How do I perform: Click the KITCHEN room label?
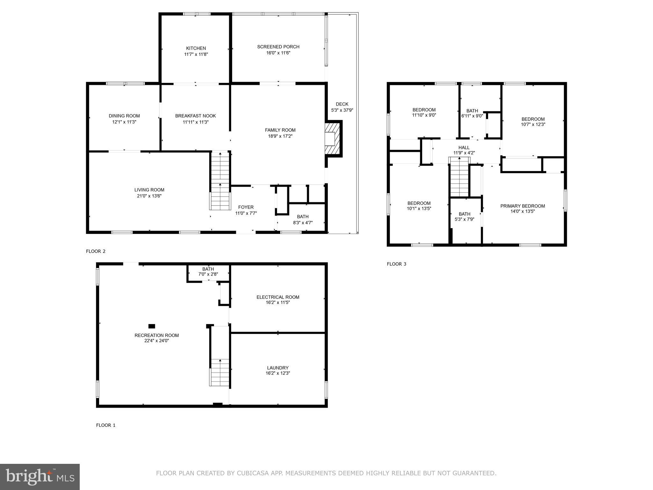tap(196, 48)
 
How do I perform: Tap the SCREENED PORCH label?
tap(278, 47)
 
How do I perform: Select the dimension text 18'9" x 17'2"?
tap(280, 136)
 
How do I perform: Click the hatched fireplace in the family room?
tap(333, 139)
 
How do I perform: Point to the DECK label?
tap(342, 104)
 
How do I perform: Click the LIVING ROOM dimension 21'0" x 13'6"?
tap(149, 196)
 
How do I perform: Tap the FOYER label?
tap(246, 207)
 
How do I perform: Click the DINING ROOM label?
tap(124, 116)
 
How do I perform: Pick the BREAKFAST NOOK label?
tap(195, 116)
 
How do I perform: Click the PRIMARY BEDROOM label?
tap(522, 206)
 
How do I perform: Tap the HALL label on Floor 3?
tap(464, 147)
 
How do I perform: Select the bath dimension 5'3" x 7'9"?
tap(464, 219)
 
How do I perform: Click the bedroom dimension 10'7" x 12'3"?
tap(533, 125)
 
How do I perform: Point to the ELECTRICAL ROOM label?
tap(278, 297)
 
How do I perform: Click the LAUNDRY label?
tap(278, 368)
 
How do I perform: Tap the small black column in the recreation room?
tap(152, 326)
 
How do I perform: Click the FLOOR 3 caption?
tap(396, 264)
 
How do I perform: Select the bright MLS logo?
tap(40, 477)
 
